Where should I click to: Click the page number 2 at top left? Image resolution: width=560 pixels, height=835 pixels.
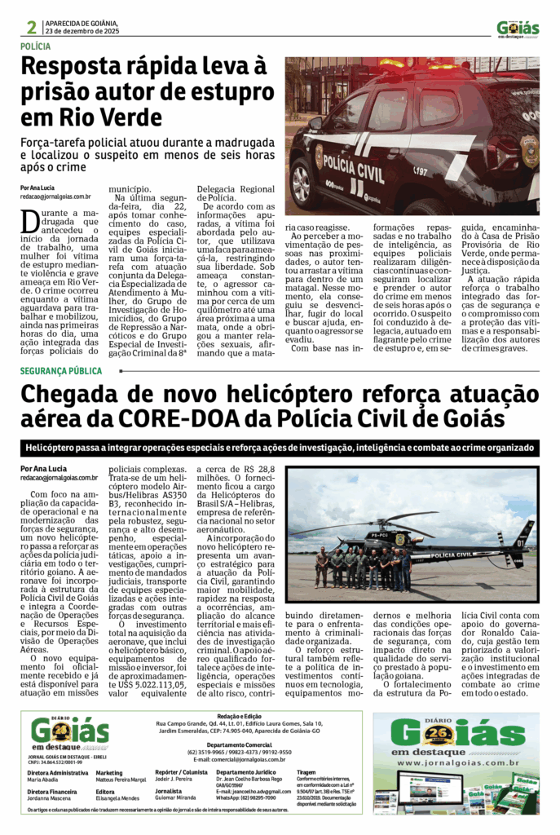coord(30,28)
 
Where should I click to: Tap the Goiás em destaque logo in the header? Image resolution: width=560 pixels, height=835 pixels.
coord(518,28)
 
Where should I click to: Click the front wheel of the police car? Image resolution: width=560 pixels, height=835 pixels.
coord(303,180)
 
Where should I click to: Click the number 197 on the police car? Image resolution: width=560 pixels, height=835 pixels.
coord(420,171)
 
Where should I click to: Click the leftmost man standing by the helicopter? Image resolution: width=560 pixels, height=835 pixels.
coord(322,568)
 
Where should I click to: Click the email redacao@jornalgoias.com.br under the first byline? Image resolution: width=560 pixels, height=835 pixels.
coord(55,197)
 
